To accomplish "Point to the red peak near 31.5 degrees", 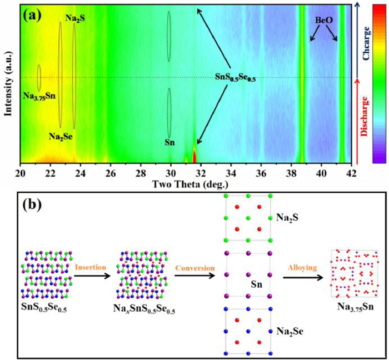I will (x=194, y=155).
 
